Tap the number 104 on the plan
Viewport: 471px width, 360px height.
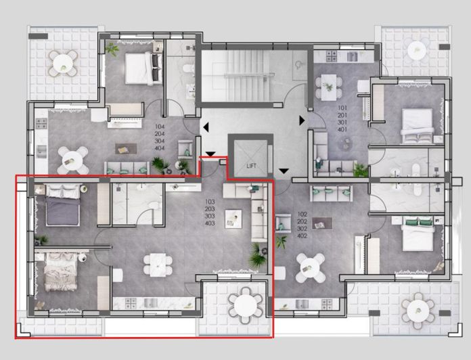pyautogui.click(x=160, y=127)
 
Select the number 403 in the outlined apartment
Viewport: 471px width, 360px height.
pyautogui.click(x=210, y=223)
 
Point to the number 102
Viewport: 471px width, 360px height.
pyautogui.click(x=302, y=214)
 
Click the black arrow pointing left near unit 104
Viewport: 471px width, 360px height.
pyautogui.click(x=205, y=127)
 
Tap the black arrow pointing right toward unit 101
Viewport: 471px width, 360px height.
pyautogui.click(x=302, y=120)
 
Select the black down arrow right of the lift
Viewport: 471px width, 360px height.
pyautogui.click(x=284, y=170)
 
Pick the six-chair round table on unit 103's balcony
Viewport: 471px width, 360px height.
pyautogui.click(x=242, y=306)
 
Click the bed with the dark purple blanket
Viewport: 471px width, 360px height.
pyautogui.click(x=62, y=204)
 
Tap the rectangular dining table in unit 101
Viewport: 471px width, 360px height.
pyautogui.click(x=330, y=84)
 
